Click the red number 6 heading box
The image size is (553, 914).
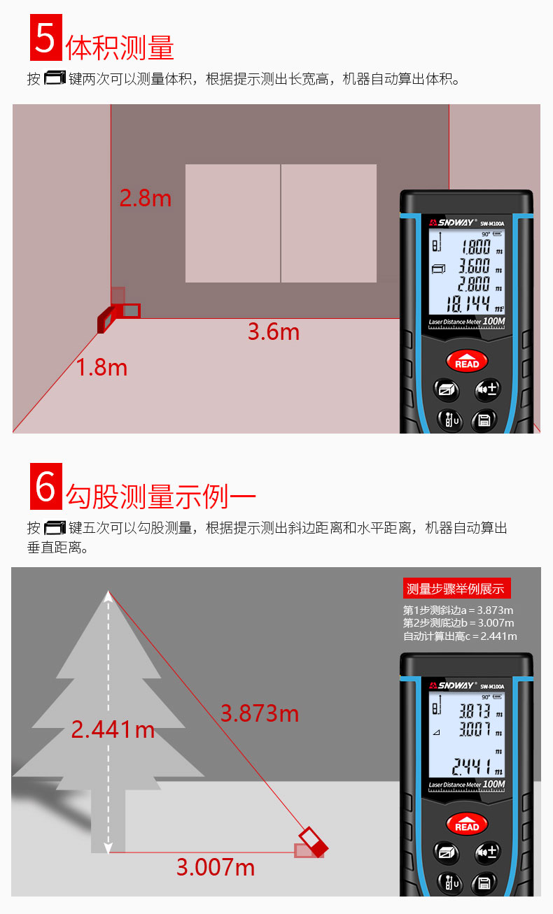[45, 486]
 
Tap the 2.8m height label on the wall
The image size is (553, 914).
[145, 198]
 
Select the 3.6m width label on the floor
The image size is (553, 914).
[273, 331]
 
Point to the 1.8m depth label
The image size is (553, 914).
[101, 367]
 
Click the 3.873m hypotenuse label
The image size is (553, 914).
[259, 713]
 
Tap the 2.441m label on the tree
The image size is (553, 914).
[113, 729]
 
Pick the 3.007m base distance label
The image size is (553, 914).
[215, 868]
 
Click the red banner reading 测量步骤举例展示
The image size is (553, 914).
[456, 589]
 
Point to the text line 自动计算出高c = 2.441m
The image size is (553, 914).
[460, 636]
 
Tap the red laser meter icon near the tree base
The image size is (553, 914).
[311, 844]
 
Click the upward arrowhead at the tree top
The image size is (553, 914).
[108, 595]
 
